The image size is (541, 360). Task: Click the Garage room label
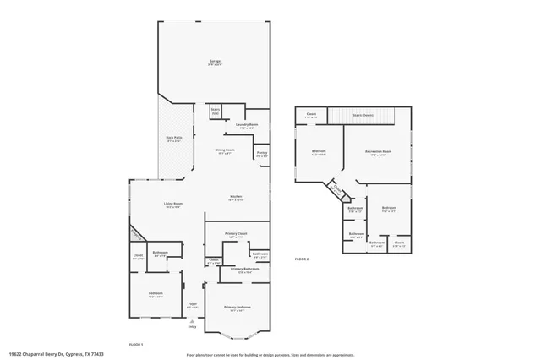tap(216, 63)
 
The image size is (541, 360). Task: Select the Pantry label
tap(262, 153)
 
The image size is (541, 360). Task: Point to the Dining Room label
tap(225, 150)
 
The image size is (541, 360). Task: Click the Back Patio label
tap(174, 139)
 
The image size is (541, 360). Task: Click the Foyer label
tap(193, 305)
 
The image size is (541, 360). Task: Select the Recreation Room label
tap(375, 153)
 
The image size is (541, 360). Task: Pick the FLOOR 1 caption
tap(135, 345)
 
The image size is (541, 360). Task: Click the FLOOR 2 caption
tap(302, 259)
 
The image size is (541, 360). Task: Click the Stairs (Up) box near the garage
tap(215, 111)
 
